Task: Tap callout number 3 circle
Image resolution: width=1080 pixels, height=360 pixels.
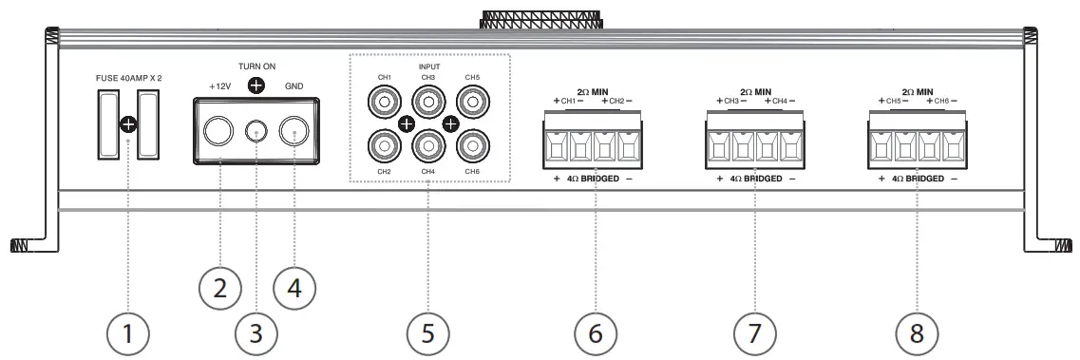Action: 256,333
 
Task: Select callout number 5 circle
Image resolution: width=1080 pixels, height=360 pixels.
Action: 428,333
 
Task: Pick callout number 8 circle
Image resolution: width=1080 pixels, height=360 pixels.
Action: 917,333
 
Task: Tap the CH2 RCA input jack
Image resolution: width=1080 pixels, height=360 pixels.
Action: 386,144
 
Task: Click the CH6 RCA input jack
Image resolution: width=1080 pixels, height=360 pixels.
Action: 471,144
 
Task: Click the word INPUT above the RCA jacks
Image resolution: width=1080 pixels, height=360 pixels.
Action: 428,66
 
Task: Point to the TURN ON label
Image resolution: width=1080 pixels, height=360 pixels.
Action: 256,67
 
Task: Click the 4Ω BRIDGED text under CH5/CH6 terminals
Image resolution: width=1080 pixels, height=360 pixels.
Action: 917,178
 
